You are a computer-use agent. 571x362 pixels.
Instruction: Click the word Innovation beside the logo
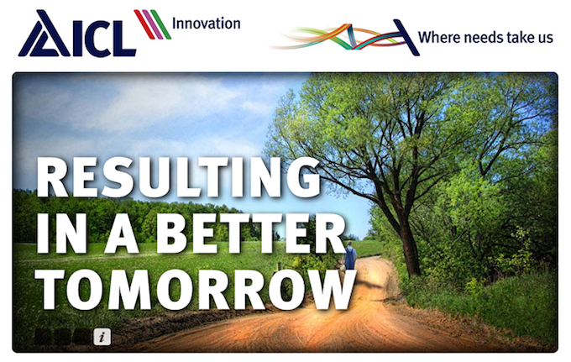[x=206, y=24]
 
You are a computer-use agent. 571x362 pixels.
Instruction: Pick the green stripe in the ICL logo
[x=161, y=24]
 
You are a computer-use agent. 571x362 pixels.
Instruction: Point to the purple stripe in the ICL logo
[x=153, y=24]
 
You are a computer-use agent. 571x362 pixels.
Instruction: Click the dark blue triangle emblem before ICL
[x=44, y=34]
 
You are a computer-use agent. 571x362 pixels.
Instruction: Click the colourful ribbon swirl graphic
[x=343, y=37]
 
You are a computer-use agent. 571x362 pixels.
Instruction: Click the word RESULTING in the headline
[x=178, y=177]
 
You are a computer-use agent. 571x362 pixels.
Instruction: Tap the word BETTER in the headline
[x=251, y=233]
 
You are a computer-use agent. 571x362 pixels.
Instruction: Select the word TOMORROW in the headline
[x=197, y=290]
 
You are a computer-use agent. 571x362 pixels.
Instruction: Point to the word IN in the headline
[x=62, y=233]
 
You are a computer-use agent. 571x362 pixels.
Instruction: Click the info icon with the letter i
[x=102, y=336]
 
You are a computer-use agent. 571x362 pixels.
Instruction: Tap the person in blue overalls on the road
[x=349, y=255]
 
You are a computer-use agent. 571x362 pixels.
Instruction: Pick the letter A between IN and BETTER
[x=121, y=233]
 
